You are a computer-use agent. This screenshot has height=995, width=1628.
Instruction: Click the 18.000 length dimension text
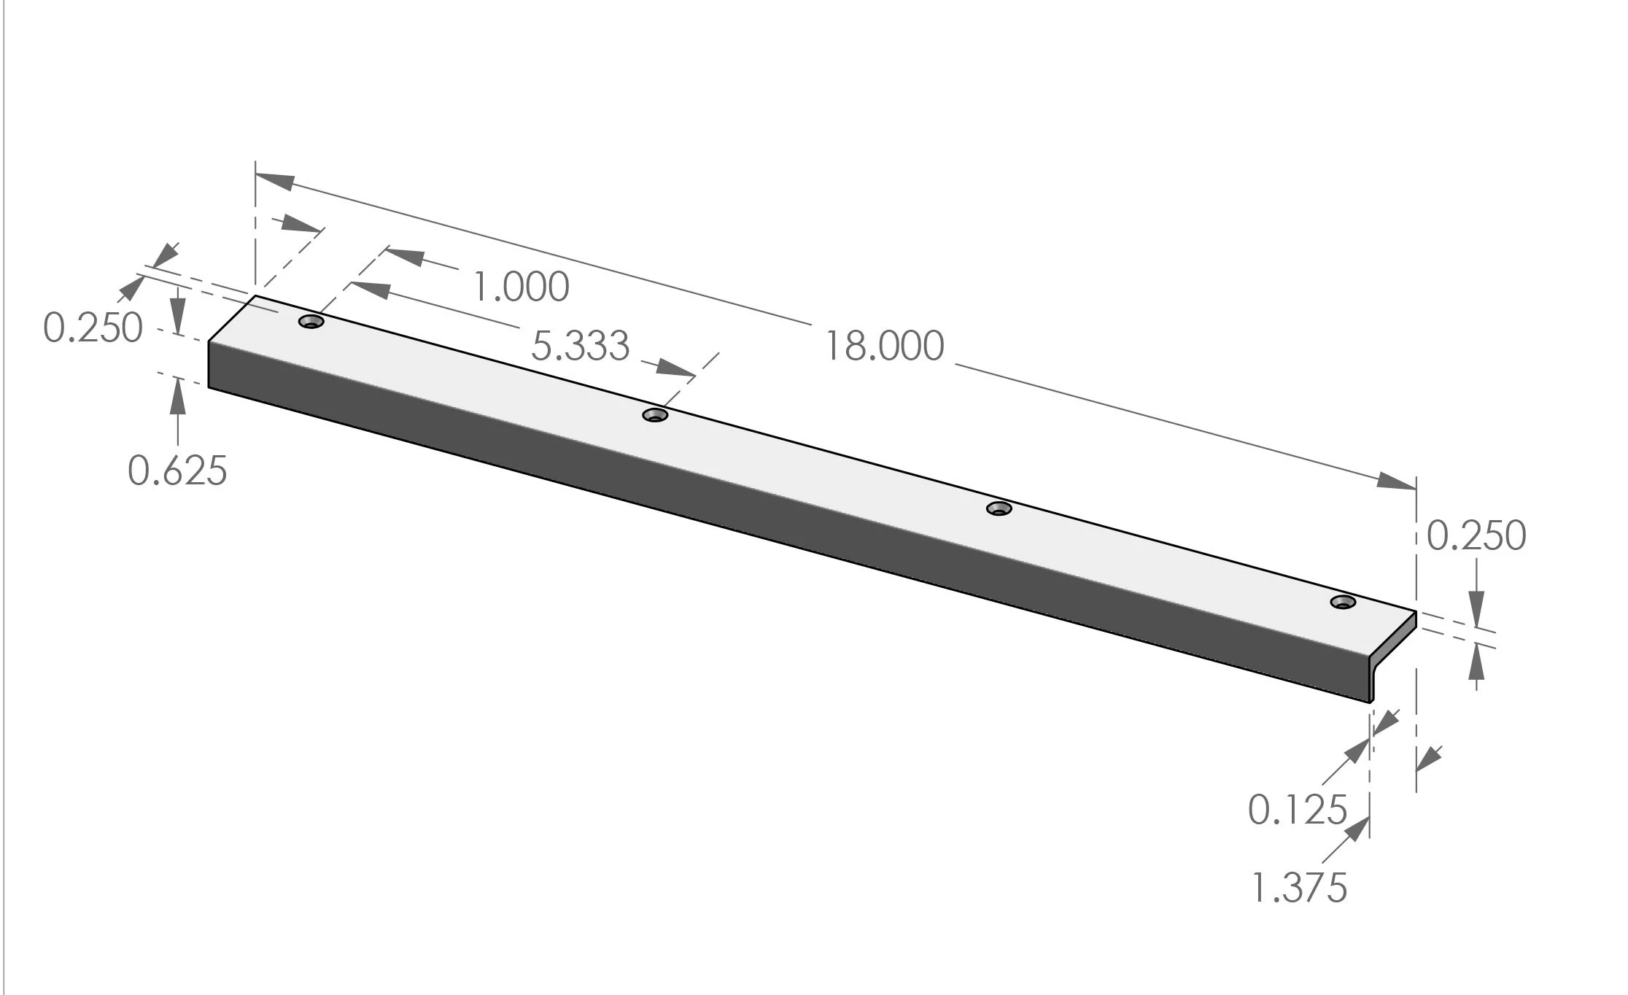tap(884, 346)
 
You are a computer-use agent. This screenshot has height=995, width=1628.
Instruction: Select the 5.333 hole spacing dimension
tap(580, 346)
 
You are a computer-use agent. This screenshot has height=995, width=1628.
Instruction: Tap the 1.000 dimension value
tap(522, 287)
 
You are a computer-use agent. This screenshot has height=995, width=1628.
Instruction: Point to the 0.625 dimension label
tap(177, 471)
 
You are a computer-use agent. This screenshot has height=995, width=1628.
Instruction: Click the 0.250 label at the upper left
tap(93, 328)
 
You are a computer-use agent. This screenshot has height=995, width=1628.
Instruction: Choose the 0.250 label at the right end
tap(1476, 536)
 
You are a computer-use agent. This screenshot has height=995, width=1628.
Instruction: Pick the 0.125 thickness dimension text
tap(1297, 810)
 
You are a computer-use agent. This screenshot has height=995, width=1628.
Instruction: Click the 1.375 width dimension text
tap(1299, 888)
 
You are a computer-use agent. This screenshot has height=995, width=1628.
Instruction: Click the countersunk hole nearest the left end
tap(311, 322)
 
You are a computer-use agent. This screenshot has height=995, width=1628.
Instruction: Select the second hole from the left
tap(655, 415)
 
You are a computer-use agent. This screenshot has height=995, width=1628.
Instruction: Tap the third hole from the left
tap(999, 508)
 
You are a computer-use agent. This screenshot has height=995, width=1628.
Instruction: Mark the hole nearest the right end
tap(1343, 602)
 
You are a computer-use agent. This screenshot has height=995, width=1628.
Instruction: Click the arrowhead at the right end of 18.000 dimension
tap(1395, 482)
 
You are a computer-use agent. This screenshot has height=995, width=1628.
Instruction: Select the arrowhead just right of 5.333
tap(675, 368)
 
